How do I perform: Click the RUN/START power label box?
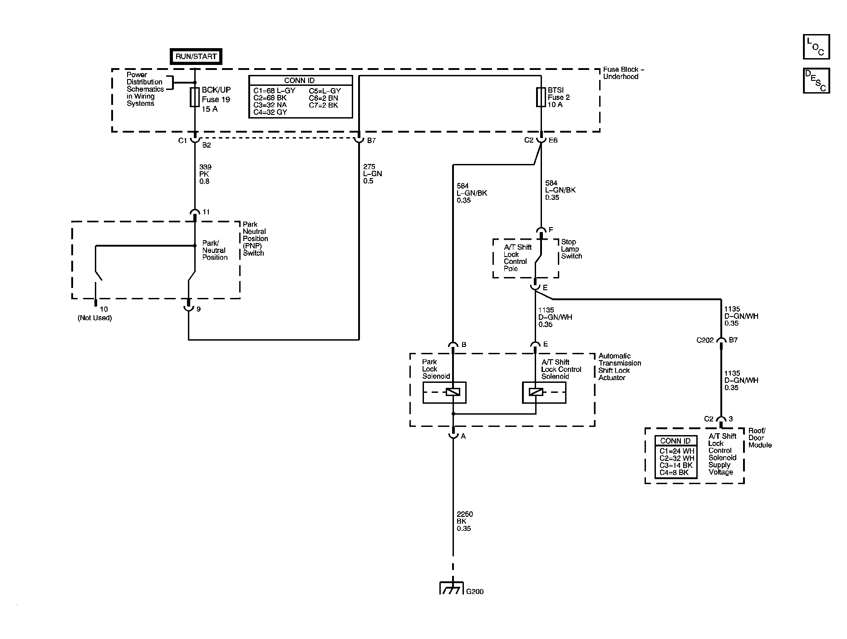tap(196, 57)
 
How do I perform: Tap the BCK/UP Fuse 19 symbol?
tap(195, 97)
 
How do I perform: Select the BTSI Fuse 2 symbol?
tap(541, 97)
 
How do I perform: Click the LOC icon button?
tap(816, 47)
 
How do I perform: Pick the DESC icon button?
tap(816, 80)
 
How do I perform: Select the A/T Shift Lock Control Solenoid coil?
tap(536, 392)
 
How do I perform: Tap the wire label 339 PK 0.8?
tap(205, 174)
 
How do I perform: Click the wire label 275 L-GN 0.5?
tap(372, 174)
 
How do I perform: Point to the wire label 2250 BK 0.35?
tap(464, 521)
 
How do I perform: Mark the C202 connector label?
tap(705, 340)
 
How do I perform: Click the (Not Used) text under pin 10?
tap(94, 318)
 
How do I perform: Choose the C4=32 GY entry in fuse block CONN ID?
tap(270, 112)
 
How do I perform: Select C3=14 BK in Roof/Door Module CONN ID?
tap(676, 465)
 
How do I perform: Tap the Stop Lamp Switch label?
tap(571, 249)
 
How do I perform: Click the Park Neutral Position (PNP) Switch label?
tap(255, 238)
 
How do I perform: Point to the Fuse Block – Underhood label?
tap(623, 73)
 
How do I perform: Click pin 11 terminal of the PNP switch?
tap(195, 213)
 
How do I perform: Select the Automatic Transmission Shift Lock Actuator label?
tap(619, 367)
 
